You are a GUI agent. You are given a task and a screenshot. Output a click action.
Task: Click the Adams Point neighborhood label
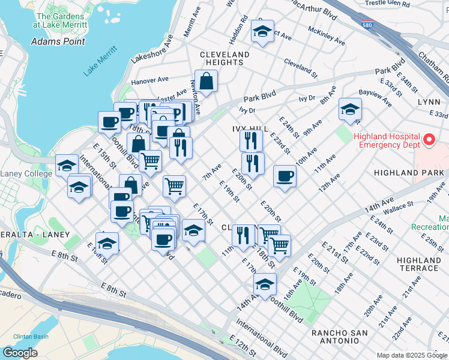coord(58,42)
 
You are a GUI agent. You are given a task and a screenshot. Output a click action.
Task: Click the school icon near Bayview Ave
coord(350,109)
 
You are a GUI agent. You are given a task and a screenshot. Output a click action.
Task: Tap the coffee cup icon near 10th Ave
coord(285,176)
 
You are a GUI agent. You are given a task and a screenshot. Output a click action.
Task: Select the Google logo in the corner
coord(20,353)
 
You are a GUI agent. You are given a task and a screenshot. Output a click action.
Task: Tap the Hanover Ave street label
coord(150,80)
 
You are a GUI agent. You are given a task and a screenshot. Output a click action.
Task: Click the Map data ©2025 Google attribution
coord(411,355)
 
